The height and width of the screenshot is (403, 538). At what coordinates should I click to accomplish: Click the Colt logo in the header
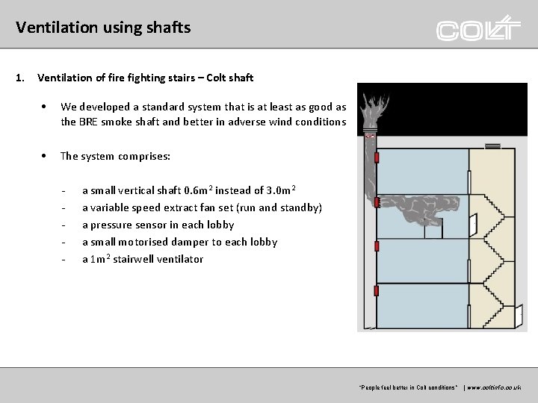pos(478,29)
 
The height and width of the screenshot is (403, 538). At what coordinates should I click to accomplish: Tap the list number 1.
pos(20,78)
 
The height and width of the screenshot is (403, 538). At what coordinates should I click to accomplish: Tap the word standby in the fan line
pos(299,207)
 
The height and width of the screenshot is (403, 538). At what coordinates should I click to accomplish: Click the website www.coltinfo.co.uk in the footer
pos(495,387)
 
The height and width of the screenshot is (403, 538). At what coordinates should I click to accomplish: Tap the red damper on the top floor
pos(377,157)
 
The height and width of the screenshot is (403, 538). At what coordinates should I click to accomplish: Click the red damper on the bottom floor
pos(377,290)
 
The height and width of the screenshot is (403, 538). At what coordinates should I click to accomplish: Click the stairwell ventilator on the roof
pos(492,146)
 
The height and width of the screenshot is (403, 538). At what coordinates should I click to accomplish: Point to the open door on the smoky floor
pos(474,222)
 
